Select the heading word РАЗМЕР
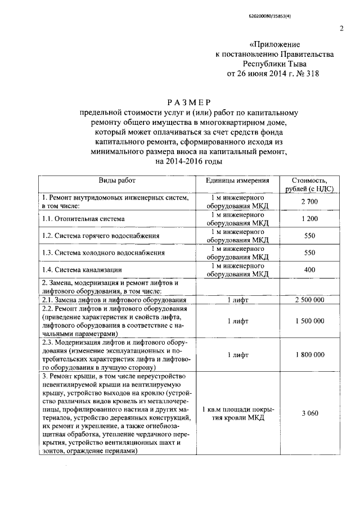tap(188, 102)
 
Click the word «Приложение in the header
tap(274, 44)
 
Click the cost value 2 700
tap(309, 202)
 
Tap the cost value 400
tap(309, 270)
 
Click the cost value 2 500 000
tap(309, 300)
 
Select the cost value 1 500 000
tap(309, 321)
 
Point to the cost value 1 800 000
tap(309, 355)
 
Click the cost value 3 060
tap(309, 413)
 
